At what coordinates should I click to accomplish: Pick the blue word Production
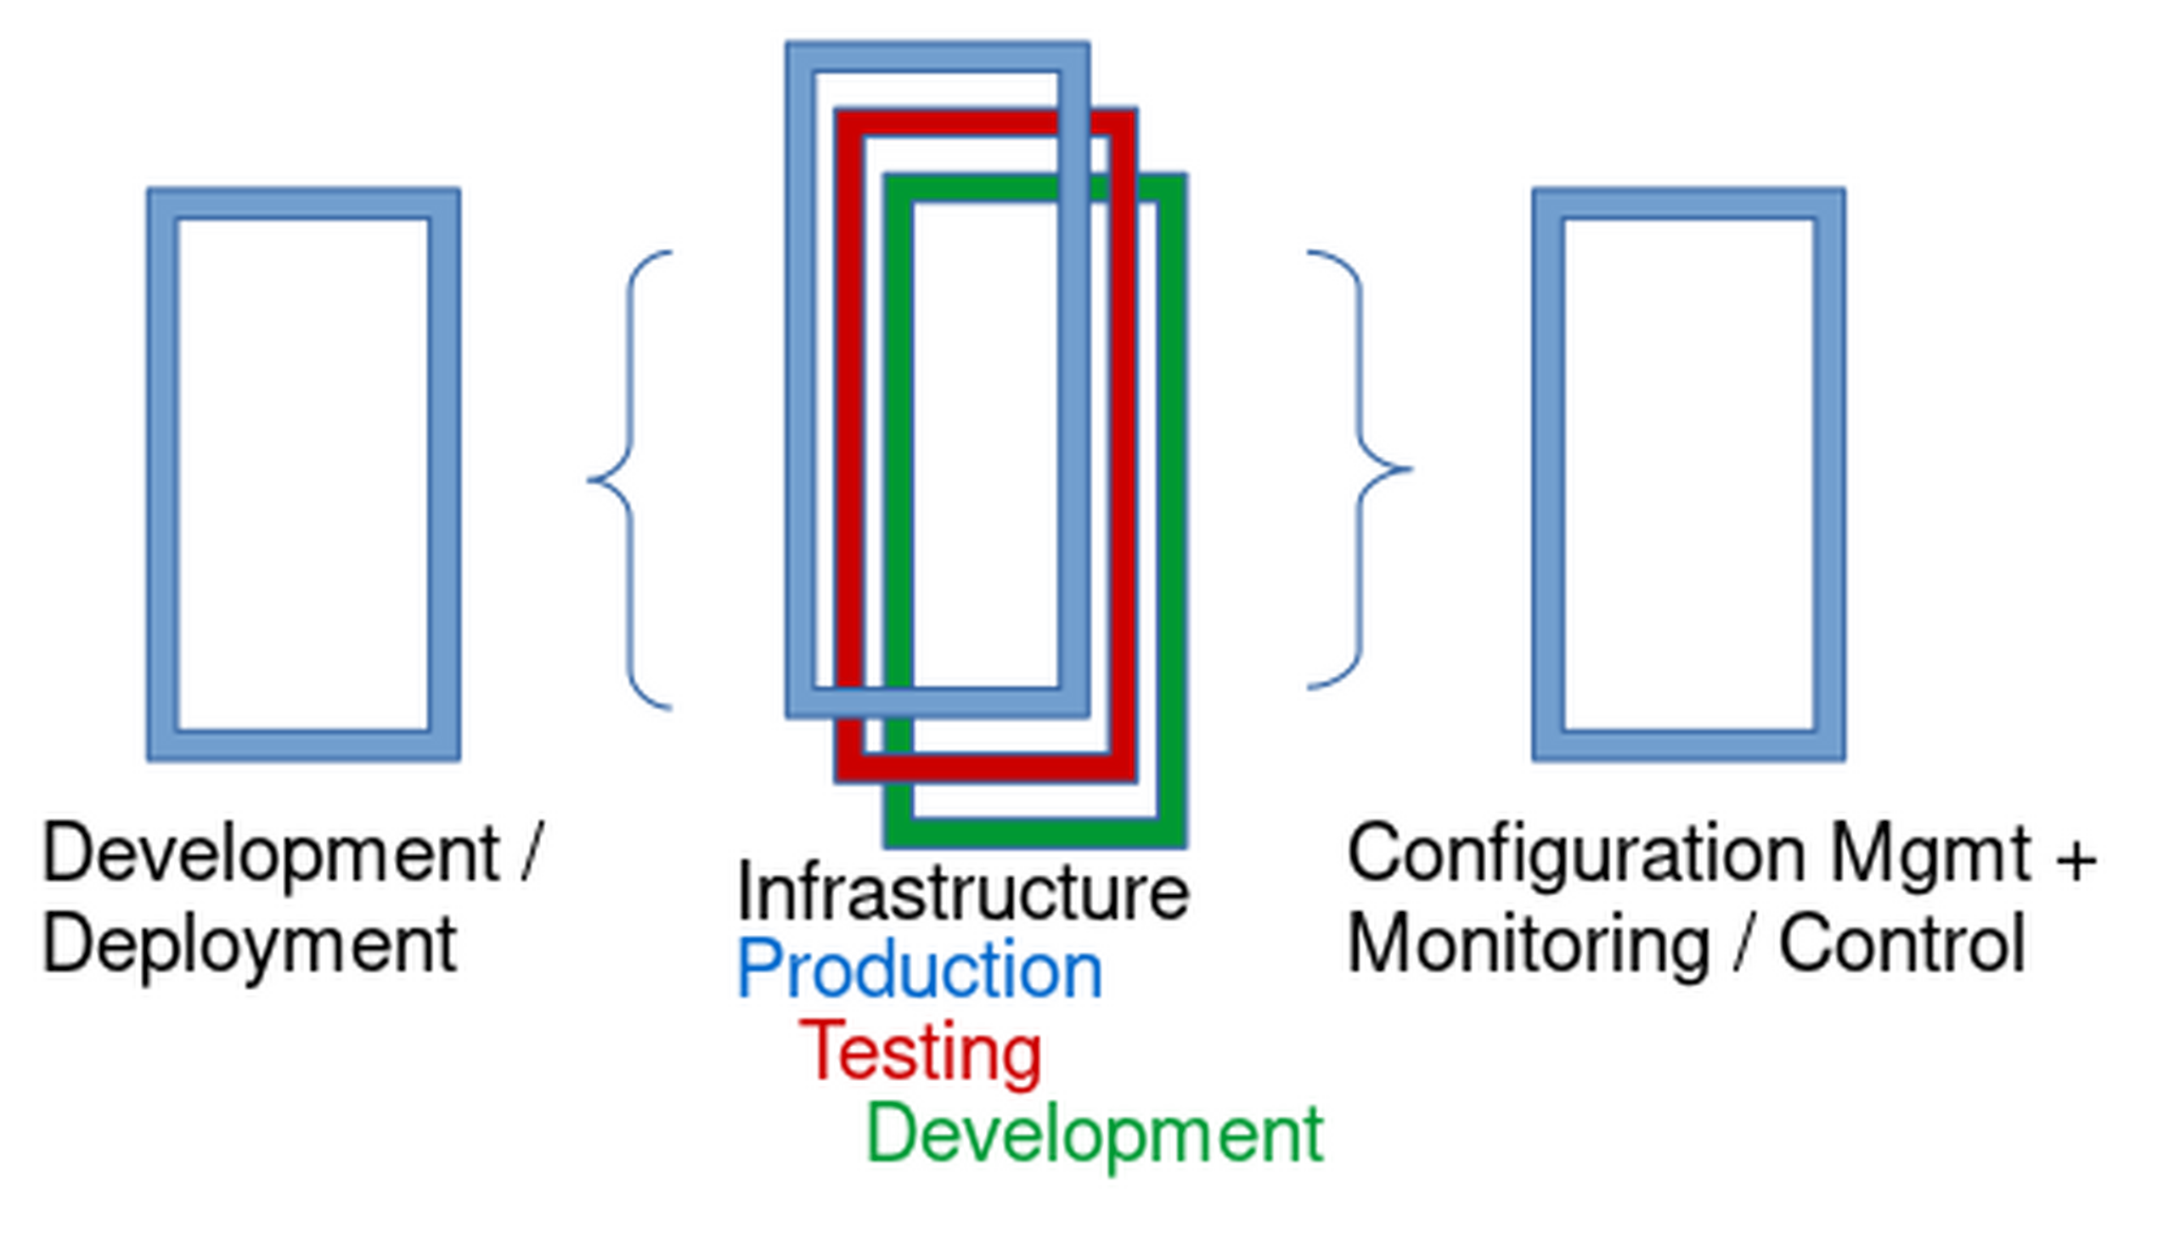point(920,969)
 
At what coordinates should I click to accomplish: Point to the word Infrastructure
point(962,892)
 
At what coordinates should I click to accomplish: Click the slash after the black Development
point(530,852)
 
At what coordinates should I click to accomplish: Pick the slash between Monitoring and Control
point(1744,943)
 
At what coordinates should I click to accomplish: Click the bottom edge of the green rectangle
point(1035,834)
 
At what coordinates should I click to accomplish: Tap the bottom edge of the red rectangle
point(985,769)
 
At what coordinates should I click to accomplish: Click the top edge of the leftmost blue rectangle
point(304,203)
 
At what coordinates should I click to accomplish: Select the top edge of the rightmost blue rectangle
point(1689,203)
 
